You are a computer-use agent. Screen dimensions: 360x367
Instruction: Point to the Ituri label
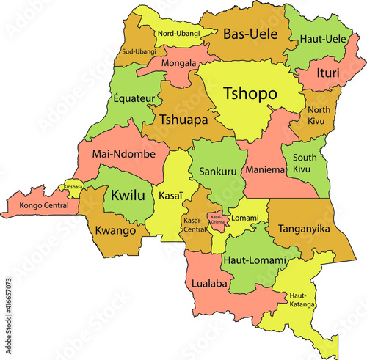pos(327,73)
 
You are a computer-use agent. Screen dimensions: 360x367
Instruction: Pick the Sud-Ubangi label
pos(139,51)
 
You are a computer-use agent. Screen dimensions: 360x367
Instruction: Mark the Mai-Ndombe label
pos(117,155)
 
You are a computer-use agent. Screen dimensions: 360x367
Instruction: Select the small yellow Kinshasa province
pos(73,187)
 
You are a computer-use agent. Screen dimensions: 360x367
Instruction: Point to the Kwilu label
pos(126,196)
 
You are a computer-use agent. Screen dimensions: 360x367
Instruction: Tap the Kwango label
pos(115,231)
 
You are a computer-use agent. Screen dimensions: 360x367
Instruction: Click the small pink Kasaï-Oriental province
pos(217,219)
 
